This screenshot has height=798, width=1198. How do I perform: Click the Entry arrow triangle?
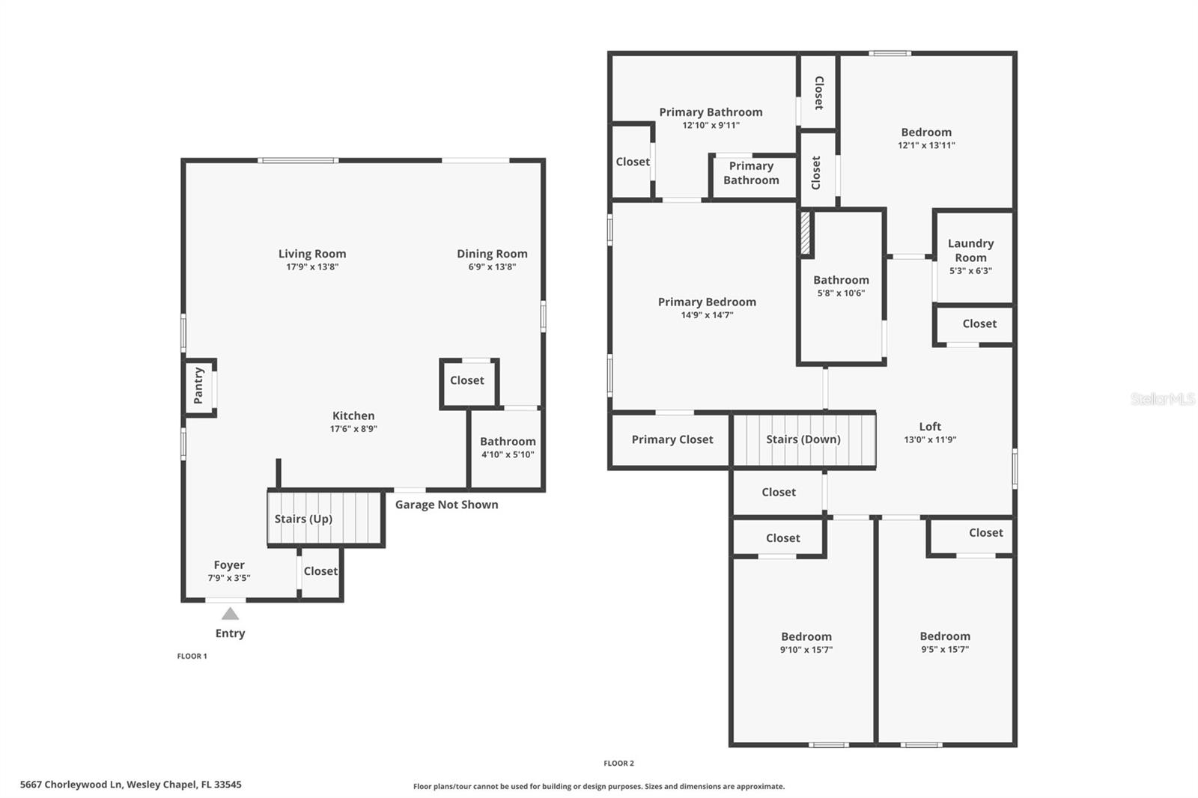[x=230, y=614]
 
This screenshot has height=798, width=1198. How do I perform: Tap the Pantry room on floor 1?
[x=199, y=386]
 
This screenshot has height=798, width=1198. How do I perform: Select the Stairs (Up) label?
[x=303, y=519]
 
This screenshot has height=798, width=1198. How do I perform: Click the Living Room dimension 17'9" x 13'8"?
[x=312, y=266]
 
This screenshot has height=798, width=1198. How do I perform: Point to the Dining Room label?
[x=492, y=254]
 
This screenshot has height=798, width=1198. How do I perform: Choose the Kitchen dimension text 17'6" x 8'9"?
[x=353, y=429]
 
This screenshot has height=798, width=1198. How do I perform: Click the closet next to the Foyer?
[x=320, y=571]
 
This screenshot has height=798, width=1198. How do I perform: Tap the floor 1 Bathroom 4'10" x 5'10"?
[x=507, y=448]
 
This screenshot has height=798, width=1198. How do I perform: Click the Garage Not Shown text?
[x=446, y=505]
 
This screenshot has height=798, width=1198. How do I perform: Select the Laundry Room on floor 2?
[x=971, y=256]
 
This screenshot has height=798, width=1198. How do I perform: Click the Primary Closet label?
[x=672, y=439]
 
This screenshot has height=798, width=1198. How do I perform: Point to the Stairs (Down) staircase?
[x=803, y=440]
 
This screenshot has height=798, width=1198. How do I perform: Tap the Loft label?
[x=930, y=426]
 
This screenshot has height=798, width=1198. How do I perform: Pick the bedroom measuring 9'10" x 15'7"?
[x=806, y=642]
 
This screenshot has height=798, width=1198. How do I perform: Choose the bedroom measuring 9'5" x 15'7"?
[x=945, y=642]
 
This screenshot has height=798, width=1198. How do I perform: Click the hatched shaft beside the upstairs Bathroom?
[x=806, y=234]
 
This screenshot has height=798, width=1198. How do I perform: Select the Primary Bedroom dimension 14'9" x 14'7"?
[x=707, y=315]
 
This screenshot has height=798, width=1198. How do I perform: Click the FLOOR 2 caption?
[x=618, y=764]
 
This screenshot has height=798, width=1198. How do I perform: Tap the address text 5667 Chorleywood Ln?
[x=130, y=785]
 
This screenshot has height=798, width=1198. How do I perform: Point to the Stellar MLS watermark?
[x=1162, y=399]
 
